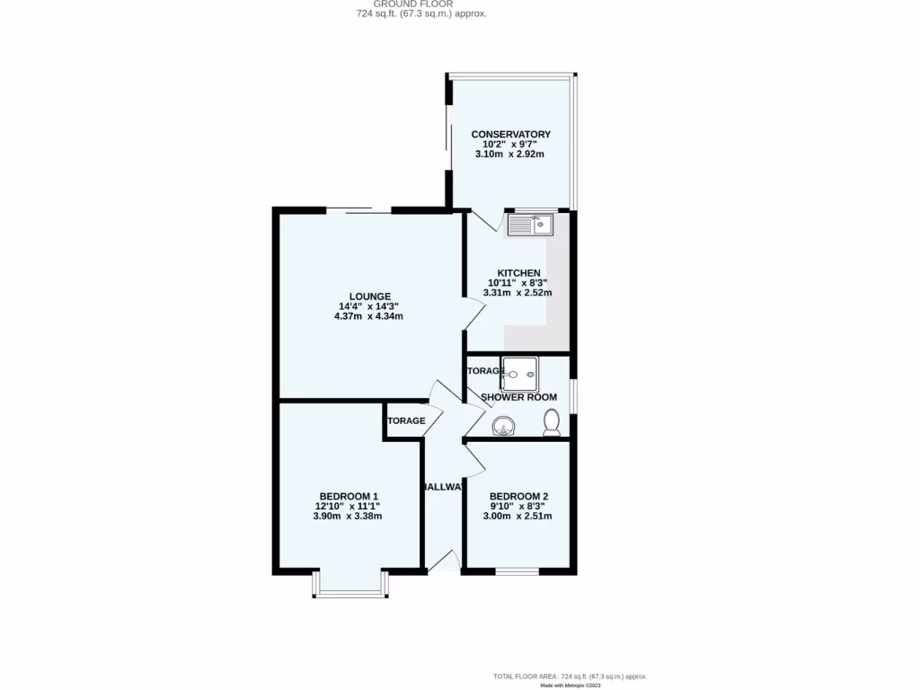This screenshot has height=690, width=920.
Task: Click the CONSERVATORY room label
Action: point(511,135)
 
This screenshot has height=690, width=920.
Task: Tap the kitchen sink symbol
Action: point(532,224)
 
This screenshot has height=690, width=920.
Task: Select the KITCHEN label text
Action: point(519,273)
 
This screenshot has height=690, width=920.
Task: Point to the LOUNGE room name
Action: point(370,296)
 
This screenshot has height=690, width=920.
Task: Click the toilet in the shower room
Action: point(552,422)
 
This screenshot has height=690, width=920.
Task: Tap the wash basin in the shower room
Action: point(504,424)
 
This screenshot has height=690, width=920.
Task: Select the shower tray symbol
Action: point(519,370)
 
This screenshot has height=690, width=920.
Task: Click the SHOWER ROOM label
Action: point(518,397)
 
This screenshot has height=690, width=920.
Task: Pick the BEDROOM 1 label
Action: point(349,496)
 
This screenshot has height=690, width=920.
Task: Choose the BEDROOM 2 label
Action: point(518,496)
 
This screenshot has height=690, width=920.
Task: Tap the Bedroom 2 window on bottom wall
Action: point(517,571)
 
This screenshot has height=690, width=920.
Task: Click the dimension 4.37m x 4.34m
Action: point(368,316)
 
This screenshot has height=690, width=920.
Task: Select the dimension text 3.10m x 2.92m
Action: point(510,155)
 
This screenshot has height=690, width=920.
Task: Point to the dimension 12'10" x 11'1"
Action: point(348,506)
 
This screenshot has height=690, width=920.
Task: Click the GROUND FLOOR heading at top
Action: point(420,4)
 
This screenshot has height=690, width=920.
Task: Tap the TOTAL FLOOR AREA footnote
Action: point(570,677)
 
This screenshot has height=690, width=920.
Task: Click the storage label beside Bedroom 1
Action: point(405,420)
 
